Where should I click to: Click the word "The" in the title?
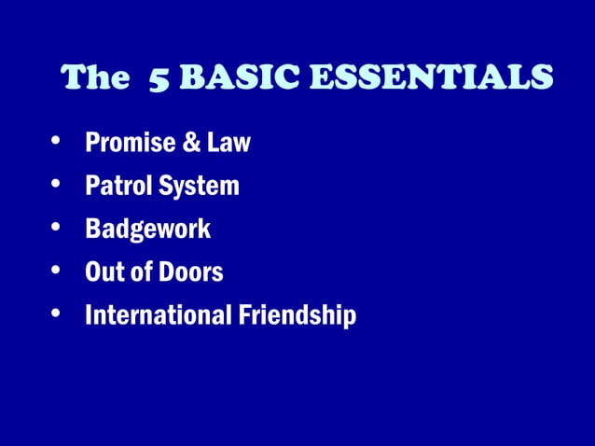(93, 79)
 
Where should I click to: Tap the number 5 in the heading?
(159, 80)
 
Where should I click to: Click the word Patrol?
(116, 187)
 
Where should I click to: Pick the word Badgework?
(147, 230)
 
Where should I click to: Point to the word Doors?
(189, 272)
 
